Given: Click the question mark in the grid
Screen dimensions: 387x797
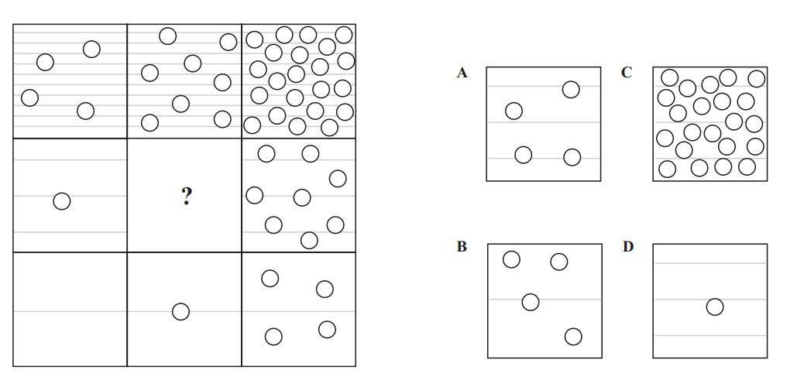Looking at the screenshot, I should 186,196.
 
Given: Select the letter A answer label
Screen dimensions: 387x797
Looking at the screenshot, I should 462,73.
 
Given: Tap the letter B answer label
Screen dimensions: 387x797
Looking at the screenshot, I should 462,247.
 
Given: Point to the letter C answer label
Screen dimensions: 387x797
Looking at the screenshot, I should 627,73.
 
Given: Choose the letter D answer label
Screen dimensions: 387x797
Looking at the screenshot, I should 627,247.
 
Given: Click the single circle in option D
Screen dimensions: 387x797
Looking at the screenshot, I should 715,307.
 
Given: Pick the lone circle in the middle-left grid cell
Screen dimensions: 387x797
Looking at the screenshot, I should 61,201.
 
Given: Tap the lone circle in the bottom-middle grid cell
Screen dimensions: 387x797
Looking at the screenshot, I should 180,311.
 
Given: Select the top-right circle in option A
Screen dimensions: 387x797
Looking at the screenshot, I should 571,90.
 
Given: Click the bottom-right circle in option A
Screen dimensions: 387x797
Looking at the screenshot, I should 572,157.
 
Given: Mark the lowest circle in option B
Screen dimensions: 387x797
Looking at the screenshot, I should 573,337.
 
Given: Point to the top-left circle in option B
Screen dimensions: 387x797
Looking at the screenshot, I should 511,259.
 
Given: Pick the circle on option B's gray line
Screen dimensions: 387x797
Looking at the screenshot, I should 531,302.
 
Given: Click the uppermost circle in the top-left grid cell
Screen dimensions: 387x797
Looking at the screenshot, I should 91,49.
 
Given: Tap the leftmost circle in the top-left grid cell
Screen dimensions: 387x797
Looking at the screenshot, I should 29,98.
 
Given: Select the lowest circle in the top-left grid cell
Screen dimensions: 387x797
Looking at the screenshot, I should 86,111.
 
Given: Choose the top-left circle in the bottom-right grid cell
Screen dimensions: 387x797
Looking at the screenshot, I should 270,278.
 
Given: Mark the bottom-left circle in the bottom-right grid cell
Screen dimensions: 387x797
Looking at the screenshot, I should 273,336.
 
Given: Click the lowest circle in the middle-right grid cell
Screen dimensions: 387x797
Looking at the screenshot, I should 308,240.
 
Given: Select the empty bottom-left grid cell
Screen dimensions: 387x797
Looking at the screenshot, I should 70,310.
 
